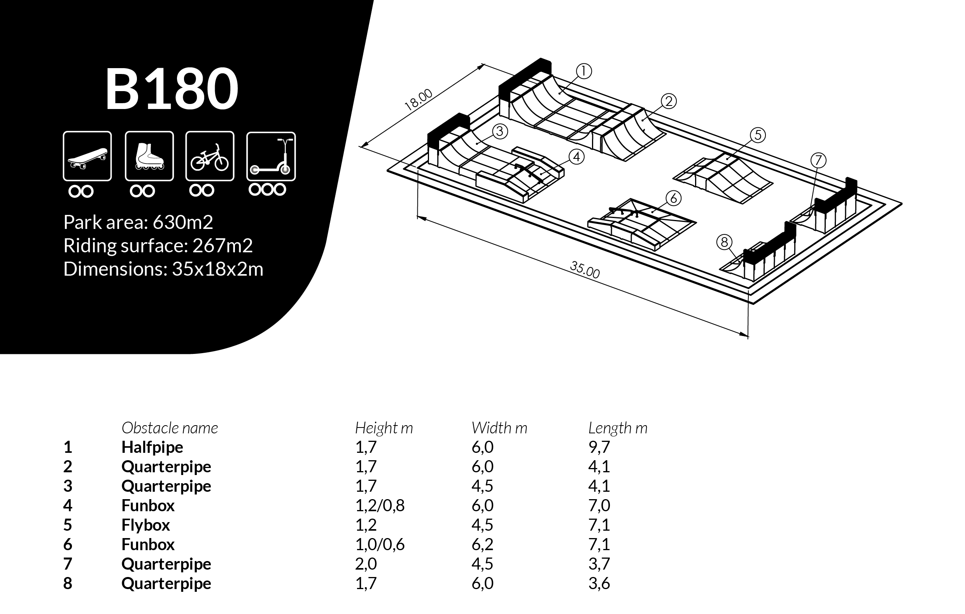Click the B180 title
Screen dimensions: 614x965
coord(172,89)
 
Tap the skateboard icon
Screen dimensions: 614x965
coord(87,156)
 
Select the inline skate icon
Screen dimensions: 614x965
coord(149,156)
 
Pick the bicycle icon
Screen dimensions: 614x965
coord(210,156)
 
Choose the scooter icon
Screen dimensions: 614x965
coord(271,156)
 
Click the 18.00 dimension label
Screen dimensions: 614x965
coord(419,100)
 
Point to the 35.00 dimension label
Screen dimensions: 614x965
coord(585,270)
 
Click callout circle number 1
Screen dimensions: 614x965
coord(584,71)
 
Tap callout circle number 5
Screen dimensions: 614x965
coord(757,135)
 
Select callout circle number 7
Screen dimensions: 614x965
coord(818,160)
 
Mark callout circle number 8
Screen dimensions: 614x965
coord(724,242)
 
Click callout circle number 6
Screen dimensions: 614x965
coord(673,198)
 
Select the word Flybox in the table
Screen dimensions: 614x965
coord(145,525)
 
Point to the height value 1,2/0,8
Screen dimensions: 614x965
coord(380,505)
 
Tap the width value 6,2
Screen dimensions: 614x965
coord(482,544)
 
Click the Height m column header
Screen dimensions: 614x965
coord(384,428)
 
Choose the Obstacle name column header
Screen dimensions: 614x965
coord(170,428)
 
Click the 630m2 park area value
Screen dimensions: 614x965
coord(183,222)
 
